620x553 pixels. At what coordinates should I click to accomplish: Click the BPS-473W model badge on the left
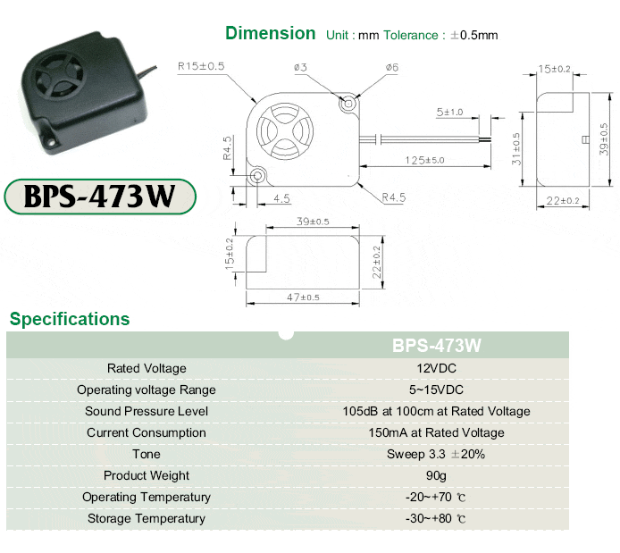(x=100, y=197)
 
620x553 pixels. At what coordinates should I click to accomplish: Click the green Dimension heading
(x=271, y=33)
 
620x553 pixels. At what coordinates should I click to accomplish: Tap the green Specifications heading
(x=70, y=319)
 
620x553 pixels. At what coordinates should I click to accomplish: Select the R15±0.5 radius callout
(x=201, y=66)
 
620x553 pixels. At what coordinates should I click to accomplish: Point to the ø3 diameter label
(x=300, y=67)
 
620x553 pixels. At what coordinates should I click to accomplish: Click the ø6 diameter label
(x=392, y=67)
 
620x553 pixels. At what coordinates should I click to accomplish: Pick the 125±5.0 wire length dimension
(x=424, y=160)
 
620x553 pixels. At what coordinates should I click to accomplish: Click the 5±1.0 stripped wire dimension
(x=449, y=113)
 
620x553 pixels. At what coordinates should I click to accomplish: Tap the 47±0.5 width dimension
(x=303, y=297)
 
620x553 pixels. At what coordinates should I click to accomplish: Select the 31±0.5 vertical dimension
(x=516, y=148)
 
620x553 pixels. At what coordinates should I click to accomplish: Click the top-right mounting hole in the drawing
(x=348, y=104)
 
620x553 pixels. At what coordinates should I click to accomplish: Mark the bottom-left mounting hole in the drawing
(x=257, y=175)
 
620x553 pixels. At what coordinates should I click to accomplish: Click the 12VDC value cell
(x=436, y=368)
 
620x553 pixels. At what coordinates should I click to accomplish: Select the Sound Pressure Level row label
(x=147, y=411)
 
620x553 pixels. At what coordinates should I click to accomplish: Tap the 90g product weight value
(x=436, y=475)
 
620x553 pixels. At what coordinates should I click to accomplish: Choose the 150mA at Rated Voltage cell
(x=436, y=432)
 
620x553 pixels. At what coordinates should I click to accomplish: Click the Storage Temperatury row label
(x=147, y=518)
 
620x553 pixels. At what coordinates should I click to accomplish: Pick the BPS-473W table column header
(x=437, y=345)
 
